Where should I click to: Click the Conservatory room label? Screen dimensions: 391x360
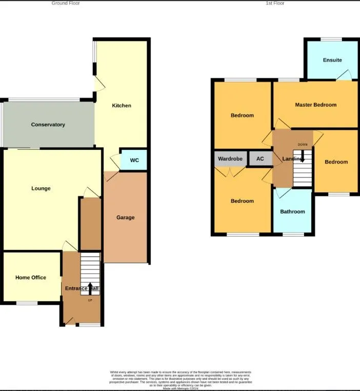click(48, 125)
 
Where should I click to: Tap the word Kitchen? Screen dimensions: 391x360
click(122, 106)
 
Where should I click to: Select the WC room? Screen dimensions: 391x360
click(134, 160)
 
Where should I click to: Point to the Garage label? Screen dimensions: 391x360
click(125, 218)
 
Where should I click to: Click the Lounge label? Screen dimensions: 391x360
click(41, 188)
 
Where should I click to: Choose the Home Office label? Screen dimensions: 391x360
click(31, 278)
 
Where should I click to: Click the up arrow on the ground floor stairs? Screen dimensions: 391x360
click(91, 287)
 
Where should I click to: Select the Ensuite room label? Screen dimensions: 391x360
click(332, 60)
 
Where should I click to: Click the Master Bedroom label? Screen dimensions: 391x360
click(316, 105)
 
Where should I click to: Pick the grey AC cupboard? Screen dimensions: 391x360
click(260, 159)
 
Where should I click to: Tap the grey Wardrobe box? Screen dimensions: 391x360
click(230, 159)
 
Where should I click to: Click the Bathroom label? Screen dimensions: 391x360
click(292, 211)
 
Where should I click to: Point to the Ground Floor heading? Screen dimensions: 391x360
click(66, 3)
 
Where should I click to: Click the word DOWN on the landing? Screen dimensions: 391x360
click(303, 145)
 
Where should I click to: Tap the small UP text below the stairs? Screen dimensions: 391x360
click(90, 300)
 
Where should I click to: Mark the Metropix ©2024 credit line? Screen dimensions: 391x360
click(181, 388)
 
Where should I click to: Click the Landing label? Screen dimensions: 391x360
click(292, 159)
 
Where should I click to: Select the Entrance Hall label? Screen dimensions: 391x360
click(81, 288)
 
